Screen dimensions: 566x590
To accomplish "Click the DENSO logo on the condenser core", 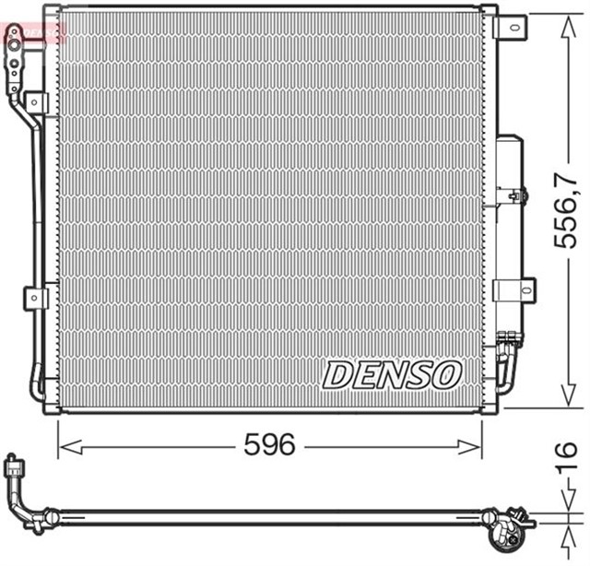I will pos(392,373).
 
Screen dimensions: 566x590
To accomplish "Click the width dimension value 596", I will pos(269,446).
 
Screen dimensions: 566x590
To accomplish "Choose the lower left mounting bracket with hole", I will pos(35,298).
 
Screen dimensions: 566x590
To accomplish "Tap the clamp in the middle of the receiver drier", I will pos(516,195).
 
